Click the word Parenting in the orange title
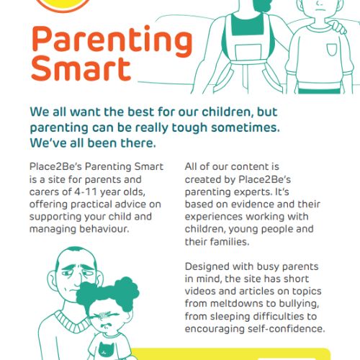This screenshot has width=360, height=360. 112,41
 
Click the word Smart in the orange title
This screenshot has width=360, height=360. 81,68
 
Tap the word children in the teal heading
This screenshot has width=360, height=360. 228,112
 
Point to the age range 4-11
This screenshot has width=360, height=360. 86,192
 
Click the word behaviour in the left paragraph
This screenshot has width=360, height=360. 104,229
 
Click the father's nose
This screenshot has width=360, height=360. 77,279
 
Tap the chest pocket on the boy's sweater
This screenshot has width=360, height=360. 332,50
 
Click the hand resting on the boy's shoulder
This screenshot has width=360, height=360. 336,27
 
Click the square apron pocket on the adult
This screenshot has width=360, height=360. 248,53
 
